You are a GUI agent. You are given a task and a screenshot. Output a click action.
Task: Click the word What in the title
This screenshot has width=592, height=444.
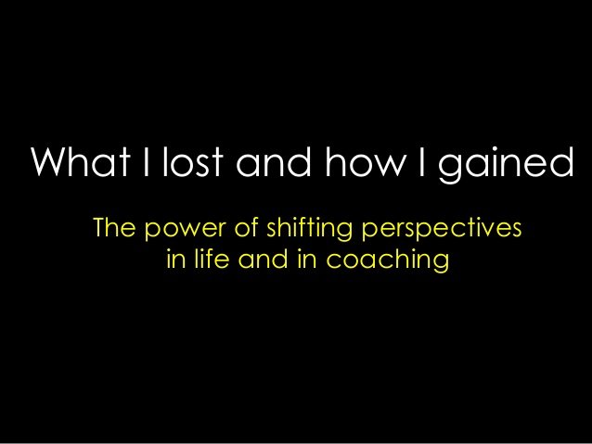click(x=81, y=160)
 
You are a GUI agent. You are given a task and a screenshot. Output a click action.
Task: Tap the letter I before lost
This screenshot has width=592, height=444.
click(x=146, y=161)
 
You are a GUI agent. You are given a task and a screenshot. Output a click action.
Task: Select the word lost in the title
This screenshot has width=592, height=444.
click(x=193, y=160)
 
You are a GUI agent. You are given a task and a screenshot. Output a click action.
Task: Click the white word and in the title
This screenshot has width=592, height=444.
click(x=274, y=160)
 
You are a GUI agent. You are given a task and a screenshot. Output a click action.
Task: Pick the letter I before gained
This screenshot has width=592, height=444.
click(x=421, y=161)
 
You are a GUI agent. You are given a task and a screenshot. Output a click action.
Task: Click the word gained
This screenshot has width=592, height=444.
click(x=506, y=164)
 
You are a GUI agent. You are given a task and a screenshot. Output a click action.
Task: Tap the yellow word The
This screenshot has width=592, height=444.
click(x=114, y=227)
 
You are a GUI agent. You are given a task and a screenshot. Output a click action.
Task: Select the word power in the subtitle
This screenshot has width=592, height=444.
click(x=185, y=230)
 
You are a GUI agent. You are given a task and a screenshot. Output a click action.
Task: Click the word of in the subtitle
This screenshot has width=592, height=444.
click(x=247, y=227)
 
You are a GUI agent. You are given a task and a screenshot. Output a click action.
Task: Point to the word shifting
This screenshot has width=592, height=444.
click(x=310, y=229)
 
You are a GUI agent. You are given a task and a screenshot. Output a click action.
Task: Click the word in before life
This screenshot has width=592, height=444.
click(x=176, y=260)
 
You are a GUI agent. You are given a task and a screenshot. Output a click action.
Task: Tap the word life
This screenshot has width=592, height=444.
click(x=212, y=259)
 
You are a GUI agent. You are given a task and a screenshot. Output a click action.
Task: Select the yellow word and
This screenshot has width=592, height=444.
click(x=263, y=259)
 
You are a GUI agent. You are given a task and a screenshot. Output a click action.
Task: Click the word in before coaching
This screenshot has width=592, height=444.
click(x=306, y=260)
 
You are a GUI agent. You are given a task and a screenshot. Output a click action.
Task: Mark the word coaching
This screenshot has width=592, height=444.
click(x=387, y=261)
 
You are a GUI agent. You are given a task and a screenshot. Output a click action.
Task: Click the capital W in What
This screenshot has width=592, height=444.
click(x=50, y=161)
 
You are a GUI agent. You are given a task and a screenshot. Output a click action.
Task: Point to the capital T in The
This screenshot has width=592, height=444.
click(x=100, y=227)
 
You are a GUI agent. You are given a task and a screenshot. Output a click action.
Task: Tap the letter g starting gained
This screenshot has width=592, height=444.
click(x=450, y=169)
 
